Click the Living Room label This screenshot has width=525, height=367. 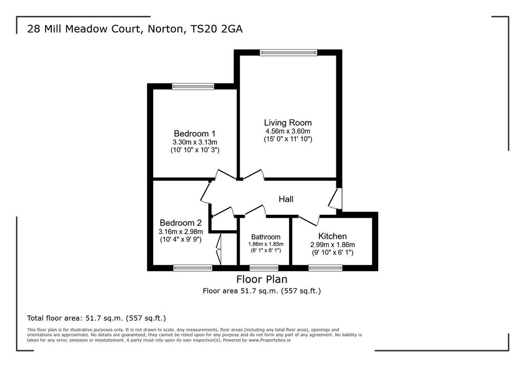tap(288, 123)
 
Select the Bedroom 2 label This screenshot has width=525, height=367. tap(180, 223)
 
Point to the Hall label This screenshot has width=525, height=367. tap(286, 199)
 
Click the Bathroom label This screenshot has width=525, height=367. tap(266, 237)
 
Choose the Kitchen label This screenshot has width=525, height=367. tap(332, 236)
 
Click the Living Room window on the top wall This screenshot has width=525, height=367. tap(288, 52)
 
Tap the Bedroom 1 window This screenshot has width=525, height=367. tap(193, 87)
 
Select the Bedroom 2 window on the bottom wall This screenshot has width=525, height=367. tap(193, 268)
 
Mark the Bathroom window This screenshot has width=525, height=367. tap(264, 268)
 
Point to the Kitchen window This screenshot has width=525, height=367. tap(325, 268)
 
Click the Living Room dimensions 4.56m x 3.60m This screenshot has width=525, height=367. tap(288, 131)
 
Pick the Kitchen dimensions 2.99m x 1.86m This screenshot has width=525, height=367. tap(332, 244)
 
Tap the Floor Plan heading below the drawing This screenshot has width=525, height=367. tap(261, 279)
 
